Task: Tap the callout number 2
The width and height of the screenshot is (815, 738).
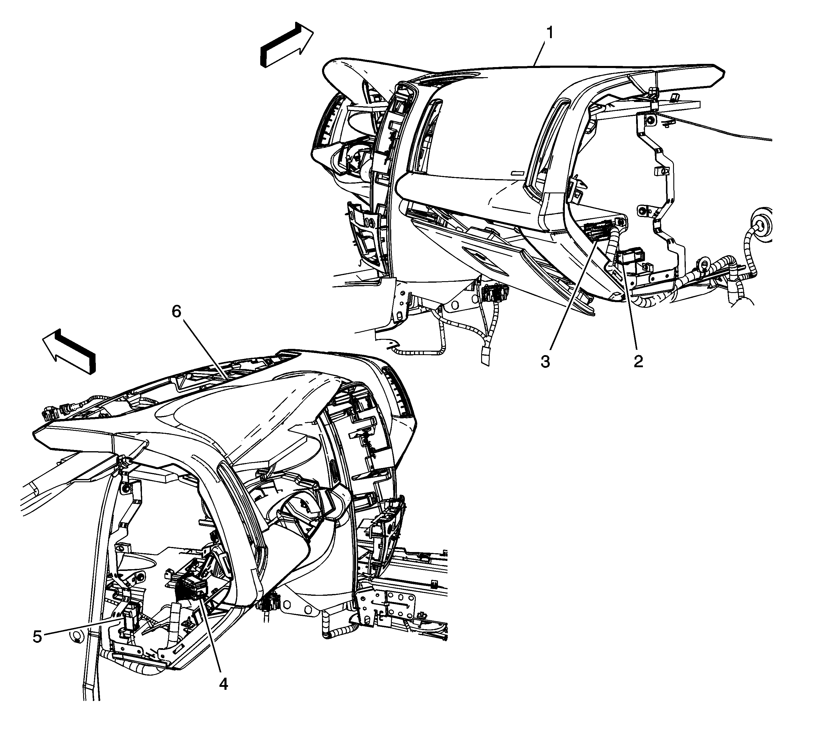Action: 638,361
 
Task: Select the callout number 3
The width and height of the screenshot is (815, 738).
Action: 545,361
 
